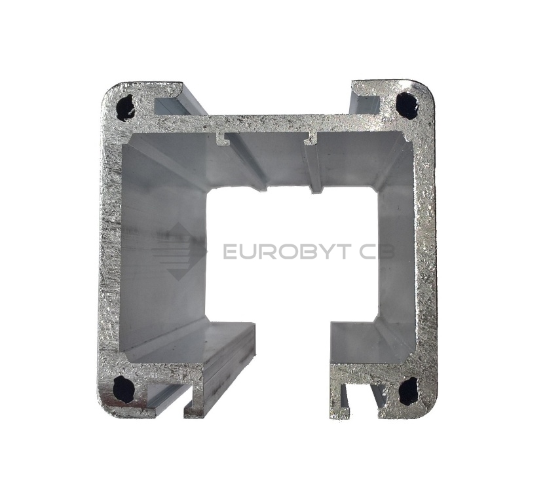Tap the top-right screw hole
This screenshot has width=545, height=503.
point(407,105)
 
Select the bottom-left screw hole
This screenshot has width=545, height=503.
point(124,388)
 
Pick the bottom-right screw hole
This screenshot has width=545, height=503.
point(408,391)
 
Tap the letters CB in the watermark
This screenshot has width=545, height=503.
point(377,251)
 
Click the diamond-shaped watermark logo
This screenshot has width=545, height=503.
point(179,251)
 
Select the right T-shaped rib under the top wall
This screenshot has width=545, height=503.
point(310,138)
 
